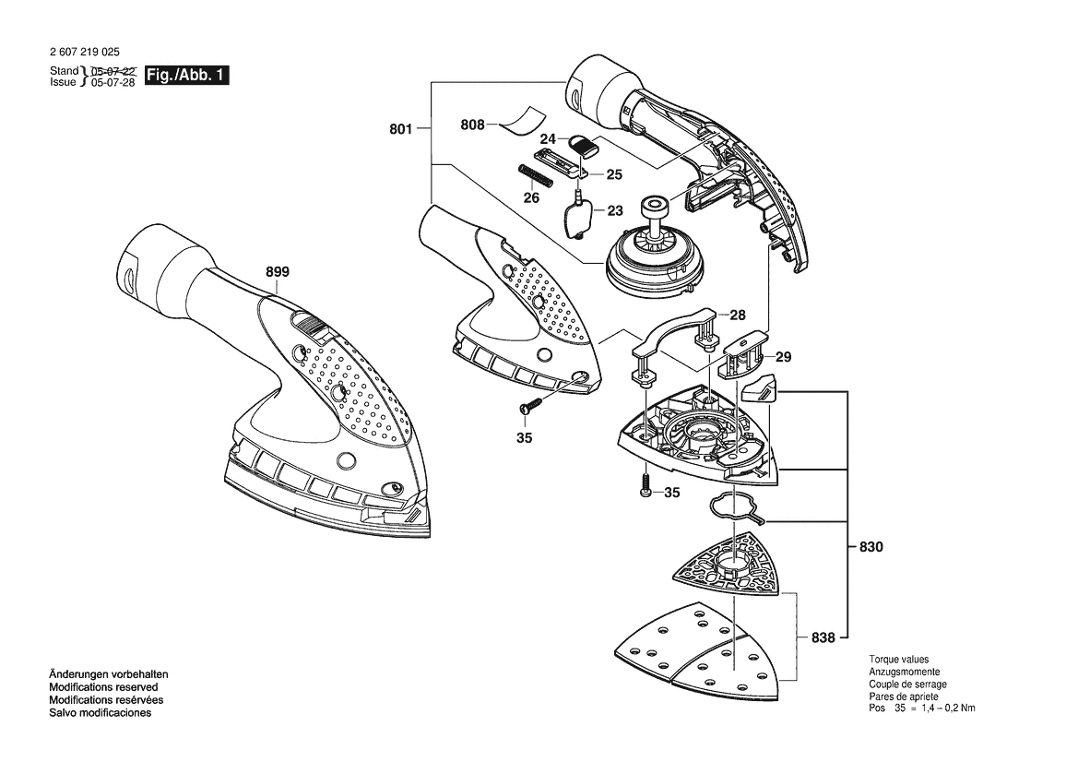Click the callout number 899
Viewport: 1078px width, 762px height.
[x=278, y=271]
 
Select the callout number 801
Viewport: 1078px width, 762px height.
[x=401, y=128]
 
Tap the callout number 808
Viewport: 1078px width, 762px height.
[x=472, y=125]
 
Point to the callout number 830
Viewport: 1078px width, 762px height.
[x=871, y=547]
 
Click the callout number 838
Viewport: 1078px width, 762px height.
[x=823, y=637]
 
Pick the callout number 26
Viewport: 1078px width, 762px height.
[x=531, y=198]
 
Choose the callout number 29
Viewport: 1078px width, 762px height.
[x=784, y=357]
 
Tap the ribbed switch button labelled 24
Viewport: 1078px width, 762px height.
[x=584, y=145]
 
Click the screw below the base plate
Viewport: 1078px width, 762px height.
[x=645, y=485]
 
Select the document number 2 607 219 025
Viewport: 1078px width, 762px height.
[x=85, y=52]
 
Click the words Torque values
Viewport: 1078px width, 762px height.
[x=898, y=660]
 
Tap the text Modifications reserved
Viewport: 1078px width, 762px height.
[x=103, y=687]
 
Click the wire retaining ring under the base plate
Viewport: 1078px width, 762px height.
[x=737, y=509]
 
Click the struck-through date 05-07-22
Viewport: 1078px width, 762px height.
[x=113, y=71]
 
